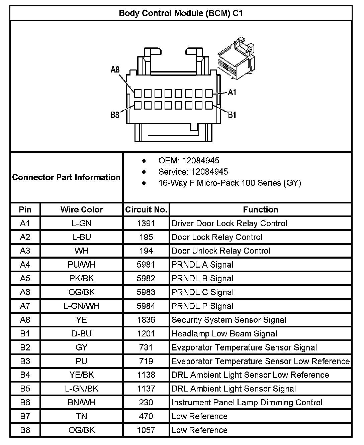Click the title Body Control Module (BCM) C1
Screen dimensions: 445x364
pos(181,13)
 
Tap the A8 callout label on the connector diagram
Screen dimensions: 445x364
pos(115,69)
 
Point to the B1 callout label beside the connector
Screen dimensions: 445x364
pos(232,115)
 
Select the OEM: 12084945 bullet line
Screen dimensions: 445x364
pos(189,161)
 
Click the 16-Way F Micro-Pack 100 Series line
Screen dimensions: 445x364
pos(230,183)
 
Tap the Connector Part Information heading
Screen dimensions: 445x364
pos(66,177)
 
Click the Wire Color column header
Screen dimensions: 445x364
pos(82,210)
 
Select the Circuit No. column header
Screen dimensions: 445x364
pos(146,210)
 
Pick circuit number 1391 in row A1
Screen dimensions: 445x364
pos(146,224)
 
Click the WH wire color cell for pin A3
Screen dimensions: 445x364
pos(82,251)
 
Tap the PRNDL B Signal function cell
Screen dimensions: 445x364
pos(202,279)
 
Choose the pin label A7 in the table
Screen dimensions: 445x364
pos(25,306)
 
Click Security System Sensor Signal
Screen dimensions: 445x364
pos(229,320)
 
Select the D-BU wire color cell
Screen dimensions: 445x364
pos(82,334)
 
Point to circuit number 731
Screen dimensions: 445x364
pos(146,347)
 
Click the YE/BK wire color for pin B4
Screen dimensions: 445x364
pos(82,375)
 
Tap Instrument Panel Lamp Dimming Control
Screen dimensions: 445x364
pos(247,403)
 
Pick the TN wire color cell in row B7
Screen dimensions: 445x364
pos(82,416)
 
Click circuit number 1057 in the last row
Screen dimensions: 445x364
pos(146,430)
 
